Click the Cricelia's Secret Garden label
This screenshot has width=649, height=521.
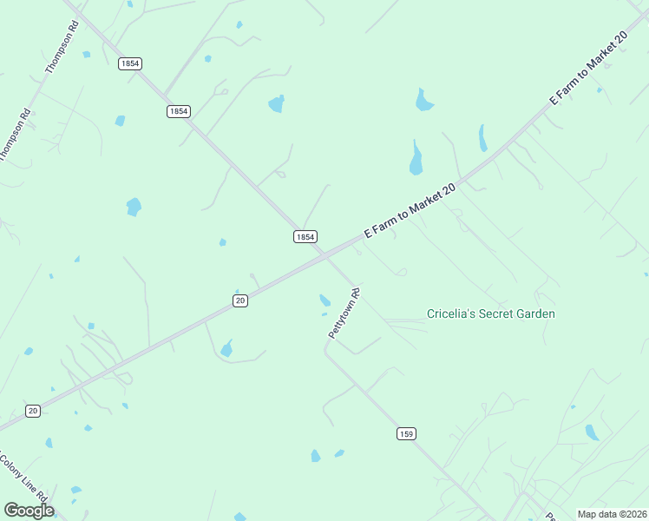click(491, 313)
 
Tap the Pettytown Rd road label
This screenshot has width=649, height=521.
click(344, 313)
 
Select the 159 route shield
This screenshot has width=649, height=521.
click(406, 433)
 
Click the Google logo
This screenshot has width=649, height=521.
click(29, 511)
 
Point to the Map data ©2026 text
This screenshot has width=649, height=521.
click(613, 514)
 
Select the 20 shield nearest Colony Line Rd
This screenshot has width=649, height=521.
click(32, 411)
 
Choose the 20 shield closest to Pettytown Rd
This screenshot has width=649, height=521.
click(240, 300)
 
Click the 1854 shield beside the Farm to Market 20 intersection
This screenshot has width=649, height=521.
click(305, 236)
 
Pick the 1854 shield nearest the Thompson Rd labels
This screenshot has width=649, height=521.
click(130, 63)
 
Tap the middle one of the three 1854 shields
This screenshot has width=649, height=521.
click(178, 111)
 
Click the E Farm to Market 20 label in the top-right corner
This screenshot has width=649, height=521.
click(587, 69)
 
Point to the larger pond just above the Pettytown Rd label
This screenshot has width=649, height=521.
click(324, 300)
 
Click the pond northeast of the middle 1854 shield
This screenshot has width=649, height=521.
click(276, 104)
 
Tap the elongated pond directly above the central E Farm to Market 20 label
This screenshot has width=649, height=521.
click(416, 159)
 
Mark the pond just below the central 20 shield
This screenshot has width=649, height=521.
click(227, 349)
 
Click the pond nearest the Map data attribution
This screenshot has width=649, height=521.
click(592, 432)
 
